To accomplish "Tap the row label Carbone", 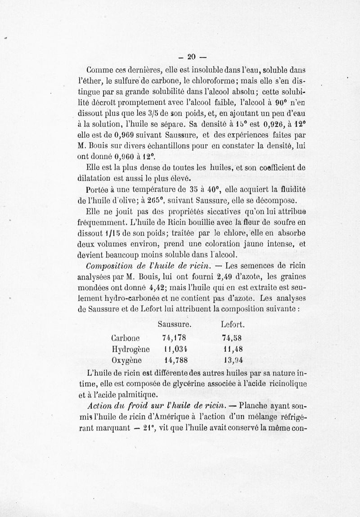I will pos(125,338).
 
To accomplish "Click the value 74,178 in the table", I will pos(174,338).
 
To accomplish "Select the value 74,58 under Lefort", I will pos(232,338).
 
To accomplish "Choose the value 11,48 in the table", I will pos(233,349).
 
